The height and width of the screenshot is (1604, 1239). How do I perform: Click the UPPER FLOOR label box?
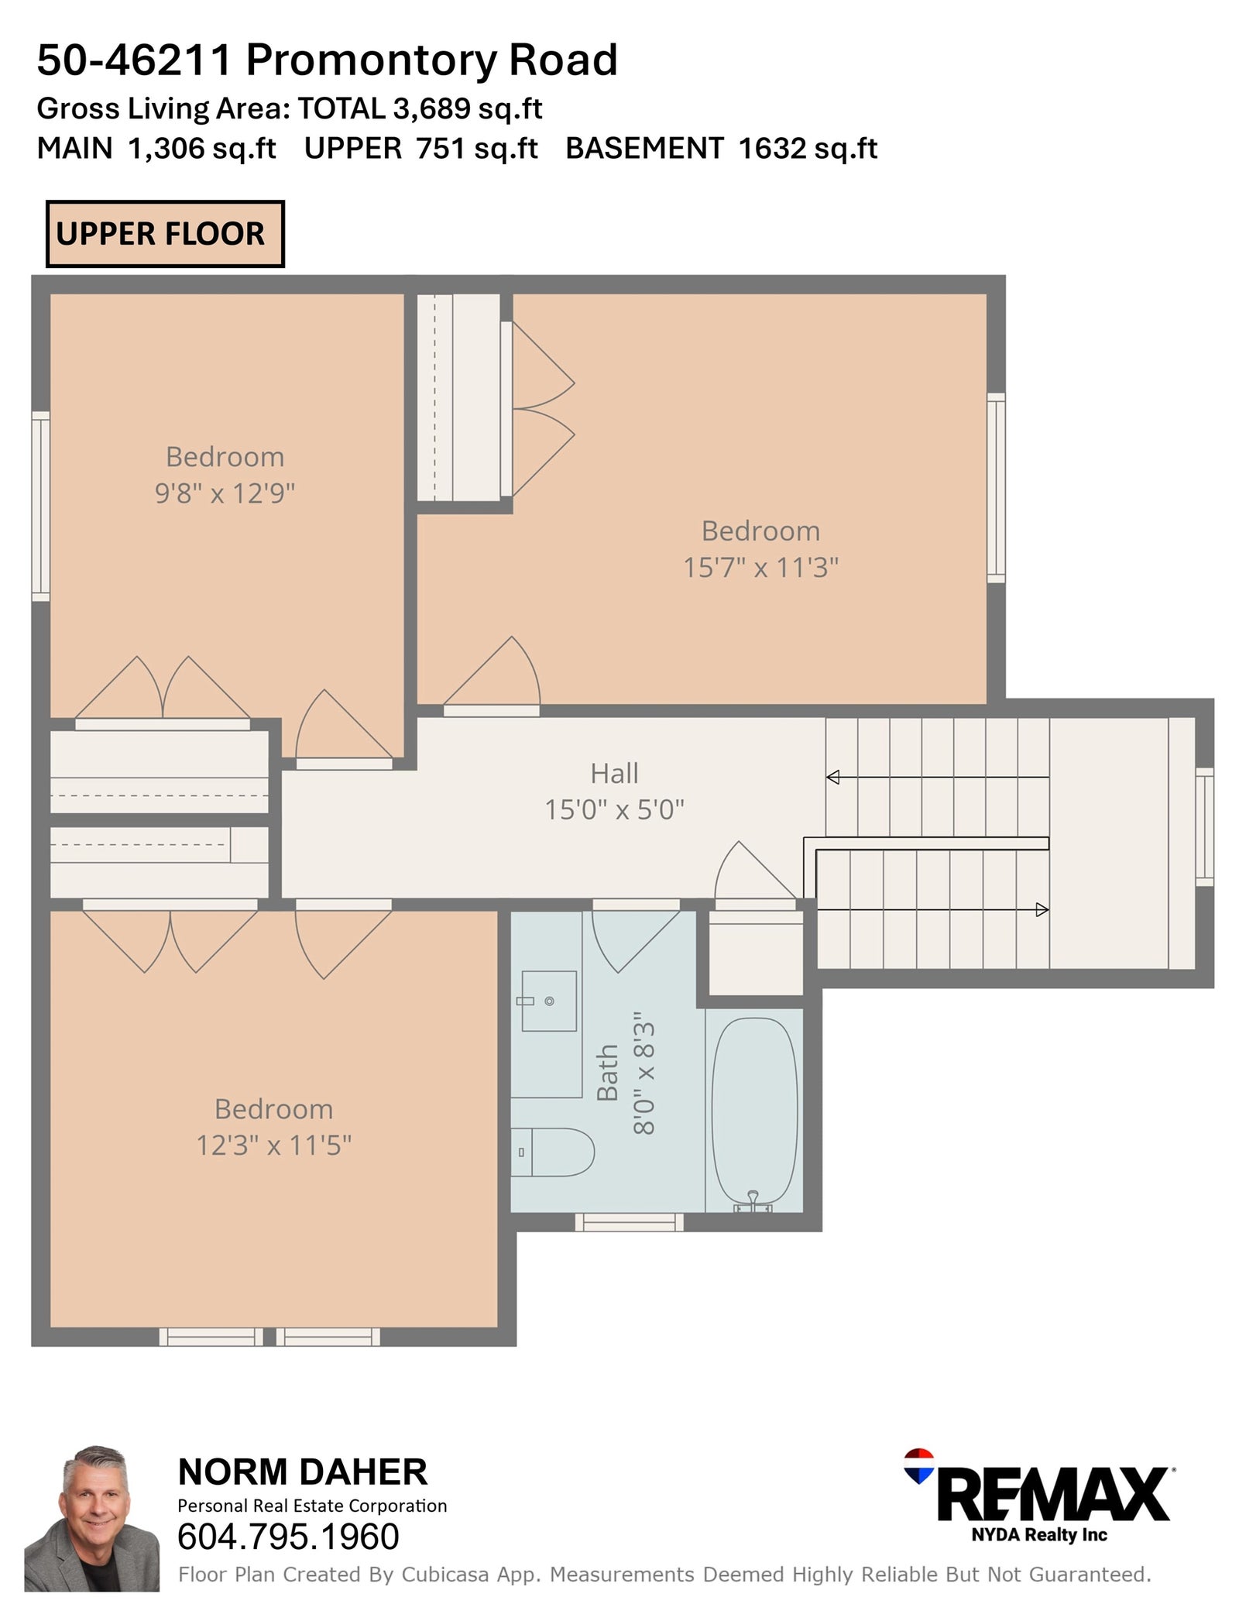165,234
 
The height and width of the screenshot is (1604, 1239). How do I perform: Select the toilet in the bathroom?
552,1152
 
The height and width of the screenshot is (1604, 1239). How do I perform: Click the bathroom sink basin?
549,1001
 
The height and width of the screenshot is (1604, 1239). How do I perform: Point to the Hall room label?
615,773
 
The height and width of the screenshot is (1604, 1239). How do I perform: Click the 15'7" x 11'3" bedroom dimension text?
760,568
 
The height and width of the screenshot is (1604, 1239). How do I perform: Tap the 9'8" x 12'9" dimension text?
225,493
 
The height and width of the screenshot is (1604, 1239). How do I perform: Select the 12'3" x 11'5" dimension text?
273,1145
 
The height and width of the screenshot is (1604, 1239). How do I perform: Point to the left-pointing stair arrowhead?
832,777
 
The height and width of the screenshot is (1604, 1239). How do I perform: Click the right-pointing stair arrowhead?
1042,909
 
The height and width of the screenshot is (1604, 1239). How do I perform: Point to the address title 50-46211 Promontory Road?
327,60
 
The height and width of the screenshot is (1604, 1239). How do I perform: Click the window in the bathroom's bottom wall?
629,1221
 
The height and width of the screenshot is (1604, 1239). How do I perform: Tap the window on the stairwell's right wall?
1204,826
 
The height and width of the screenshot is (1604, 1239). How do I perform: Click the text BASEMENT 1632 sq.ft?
721,148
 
